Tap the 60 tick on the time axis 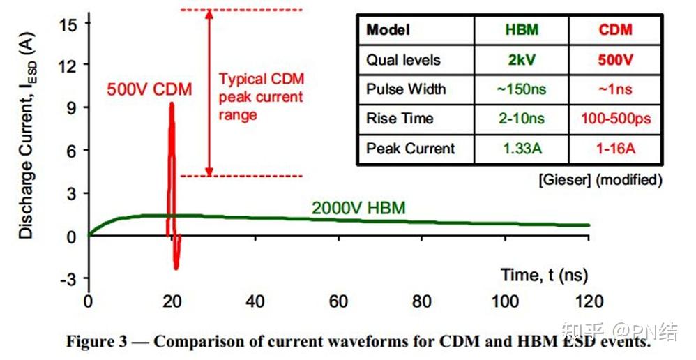(x=338, y=301)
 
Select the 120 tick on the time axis (x=589, y=301)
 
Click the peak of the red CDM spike (x=171, y=104)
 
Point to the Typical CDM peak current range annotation (x=261, y=96)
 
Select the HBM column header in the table (x=522, y=30)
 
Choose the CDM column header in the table (x=616, y=30)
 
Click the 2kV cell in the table (x=522, y=59)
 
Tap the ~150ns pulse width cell (x=522, y=89)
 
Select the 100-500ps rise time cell (x=616, y=119)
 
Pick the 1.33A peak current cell (x=522, y=148)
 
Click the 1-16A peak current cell (x=616, y=148)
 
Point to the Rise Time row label (x=400, y=119)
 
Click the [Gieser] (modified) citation (x=599, y=179)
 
